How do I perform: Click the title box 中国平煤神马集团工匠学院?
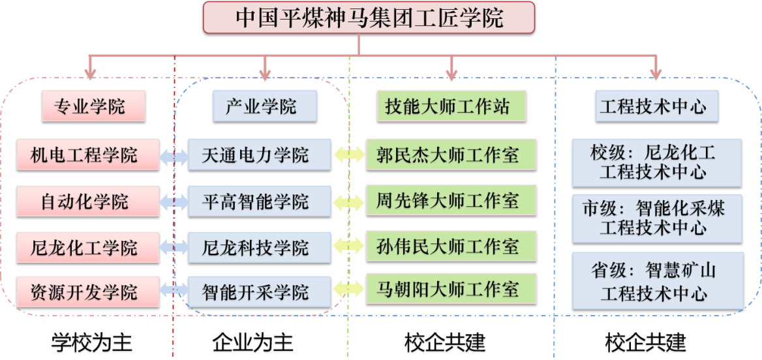click(369, 18)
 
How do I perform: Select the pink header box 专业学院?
click(93, 106)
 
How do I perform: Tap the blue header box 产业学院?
click(265, 106)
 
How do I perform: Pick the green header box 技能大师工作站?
click(451, 106)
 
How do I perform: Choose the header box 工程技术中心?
click(656, 106)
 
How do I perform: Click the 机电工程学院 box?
click(87, 155)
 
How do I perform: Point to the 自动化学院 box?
click(87, 201)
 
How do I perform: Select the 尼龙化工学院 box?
click(87, 247)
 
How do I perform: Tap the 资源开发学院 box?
click(87, 292)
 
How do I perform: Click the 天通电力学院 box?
click(259, 155)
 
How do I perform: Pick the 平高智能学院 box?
click(259, 201)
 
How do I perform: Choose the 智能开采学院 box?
click(259, 292)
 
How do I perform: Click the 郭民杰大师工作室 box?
click(451, 155)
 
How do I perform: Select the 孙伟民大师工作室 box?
click(451, 246)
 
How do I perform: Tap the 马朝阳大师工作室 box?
click(451, 289)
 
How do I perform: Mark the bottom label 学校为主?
click(92, 343)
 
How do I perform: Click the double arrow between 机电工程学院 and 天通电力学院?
click(174, 155)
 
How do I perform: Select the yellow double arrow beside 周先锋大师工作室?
click(349, 202)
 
